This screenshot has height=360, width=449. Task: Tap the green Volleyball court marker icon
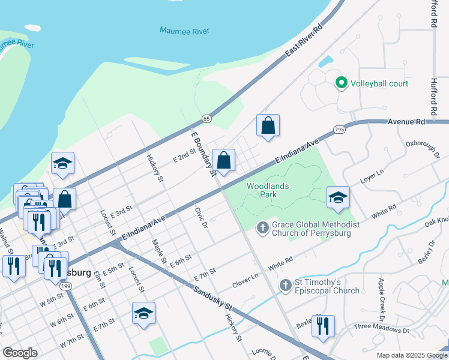(x=342, y=83)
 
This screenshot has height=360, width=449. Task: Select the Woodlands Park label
(x=268, y=190)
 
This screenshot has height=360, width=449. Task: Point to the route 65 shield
(x=206, y=119)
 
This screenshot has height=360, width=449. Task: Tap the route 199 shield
(x=66, y=286)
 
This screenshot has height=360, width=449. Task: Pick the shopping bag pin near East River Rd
(x=268, y=126)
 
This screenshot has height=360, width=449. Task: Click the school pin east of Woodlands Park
(x=338, y=197)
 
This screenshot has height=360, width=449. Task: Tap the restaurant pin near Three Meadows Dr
(x=323, y=326)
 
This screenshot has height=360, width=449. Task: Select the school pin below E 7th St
(x=143, y=314)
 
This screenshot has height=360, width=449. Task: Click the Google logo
(x=20, y=353)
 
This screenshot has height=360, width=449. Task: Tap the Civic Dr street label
(x=200, y=218)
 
